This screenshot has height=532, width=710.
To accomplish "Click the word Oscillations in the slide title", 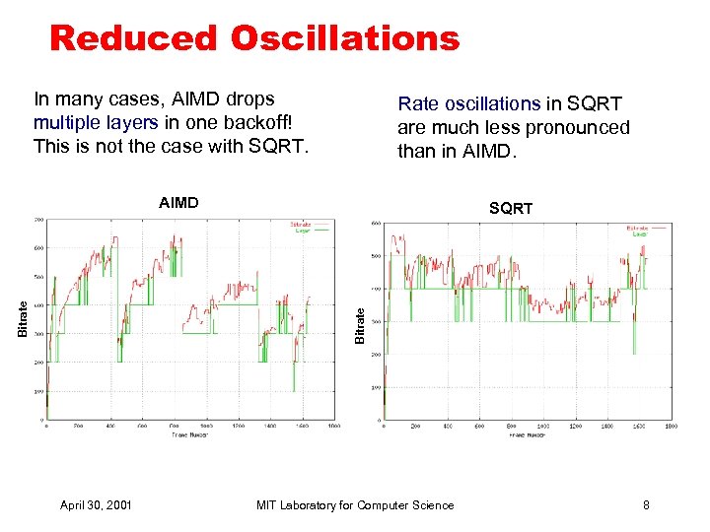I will (345, 38).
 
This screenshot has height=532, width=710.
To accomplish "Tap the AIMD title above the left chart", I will (178, 203).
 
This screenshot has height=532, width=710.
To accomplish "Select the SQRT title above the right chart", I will (511, 208).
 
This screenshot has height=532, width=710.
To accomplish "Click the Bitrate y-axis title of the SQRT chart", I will (361, 325).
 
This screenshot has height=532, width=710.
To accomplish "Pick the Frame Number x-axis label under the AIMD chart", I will (191, 434).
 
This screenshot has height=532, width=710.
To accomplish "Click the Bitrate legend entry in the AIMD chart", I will (304, 223).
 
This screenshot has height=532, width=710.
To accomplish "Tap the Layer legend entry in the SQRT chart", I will (640, 234).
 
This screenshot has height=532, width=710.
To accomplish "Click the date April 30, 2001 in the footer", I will (97, 505).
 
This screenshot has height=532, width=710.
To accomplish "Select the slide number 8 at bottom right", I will (646, 505).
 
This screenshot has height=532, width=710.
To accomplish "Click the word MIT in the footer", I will (266, 505).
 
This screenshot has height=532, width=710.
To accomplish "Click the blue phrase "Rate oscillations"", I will (469, 103).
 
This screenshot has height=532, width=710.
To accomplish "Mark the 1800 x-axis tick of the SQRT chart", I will (671, 427).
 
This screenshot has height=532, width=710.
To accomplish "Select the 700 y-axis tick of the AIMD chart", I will (37, 219).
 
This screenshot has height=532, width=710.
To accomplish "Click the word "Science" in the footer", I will (434, 505).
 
